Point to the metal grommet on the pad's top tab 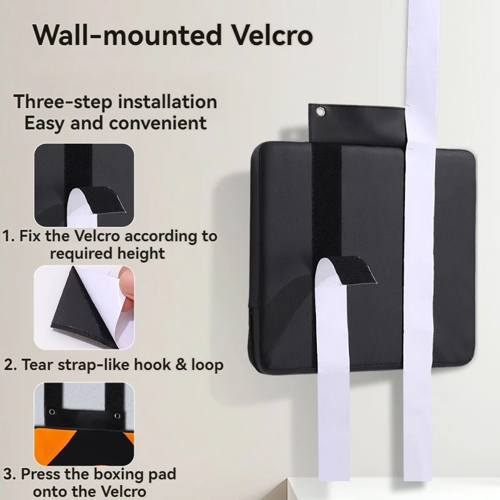(x=321, y=112)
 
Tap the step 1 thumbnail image (x=84, y=185)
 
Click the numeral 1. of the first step (x=9, y=236)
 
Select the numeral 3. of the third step (x=9, y=474)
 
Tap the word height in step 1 (x=144, y=253)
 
